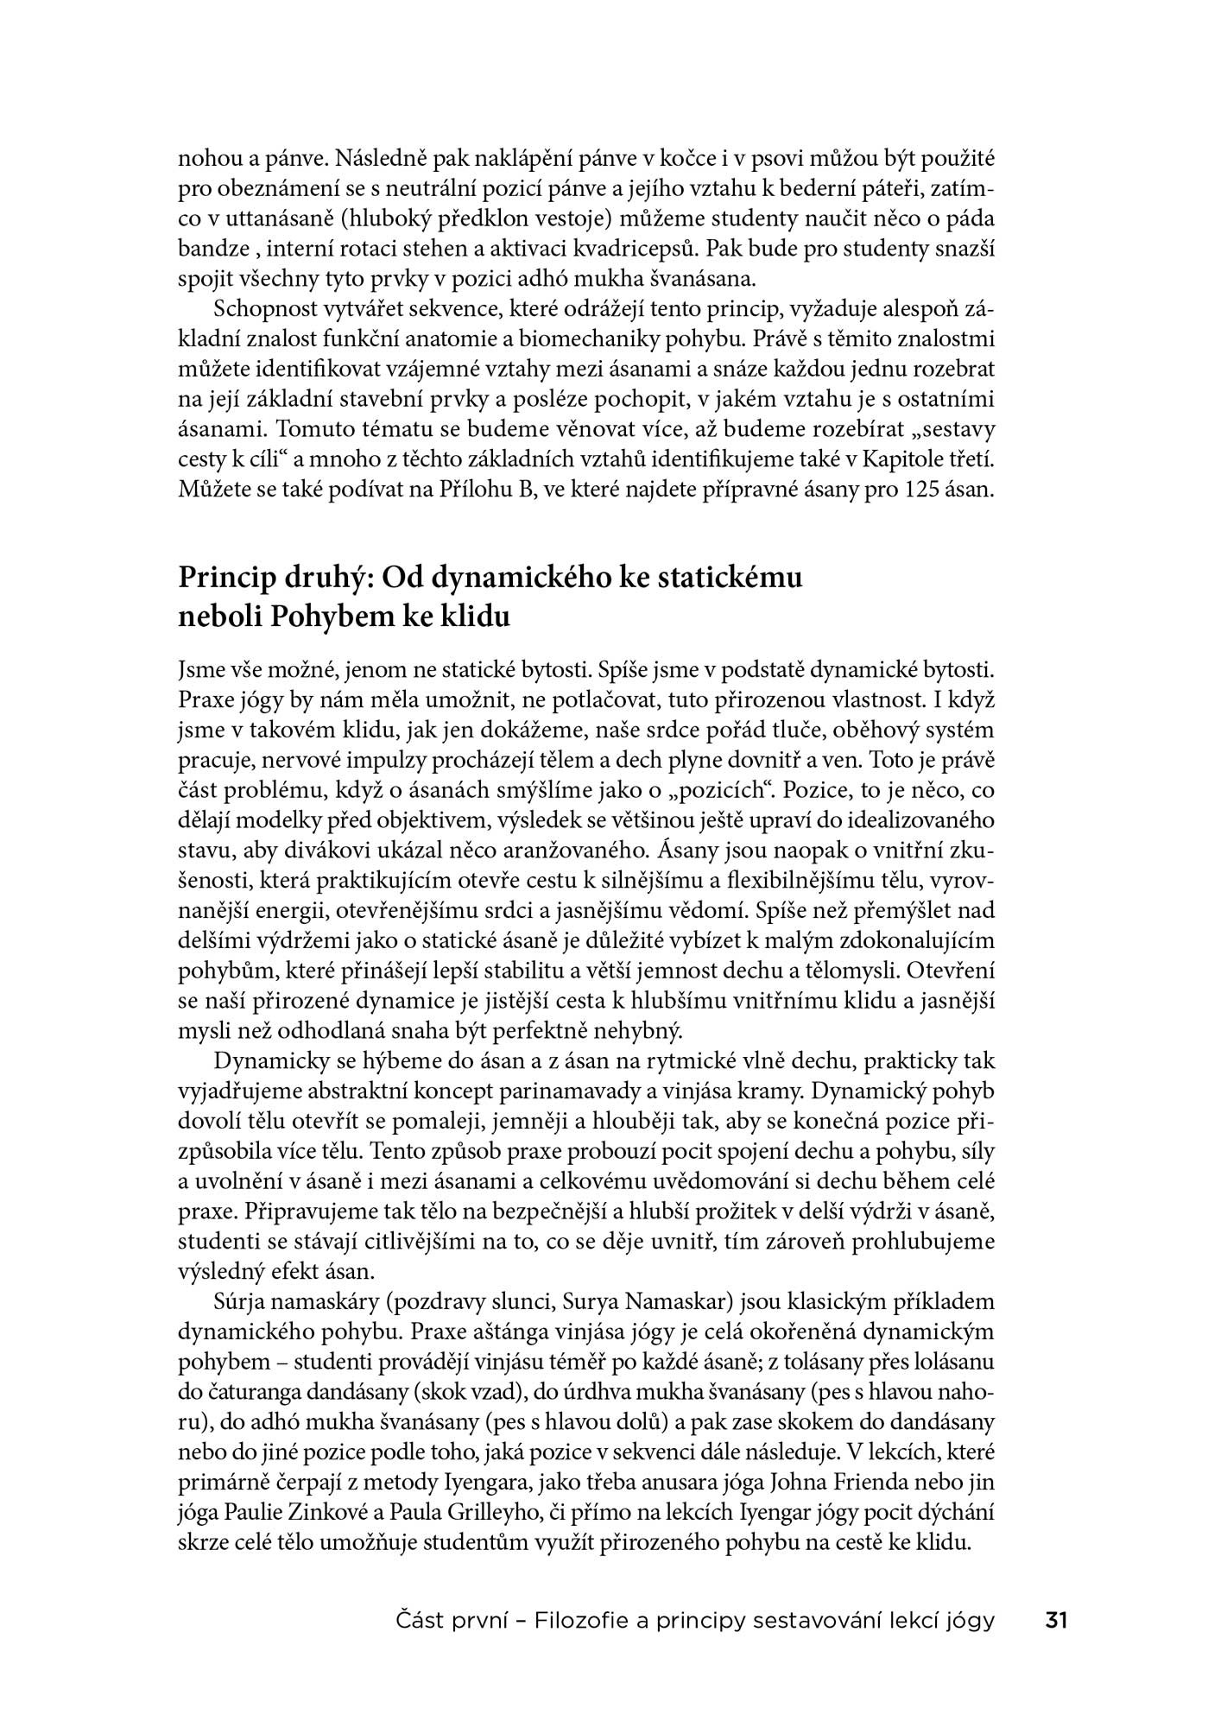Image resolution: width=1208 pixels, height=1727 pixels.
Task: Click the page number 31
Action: click(1056, 1620)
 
